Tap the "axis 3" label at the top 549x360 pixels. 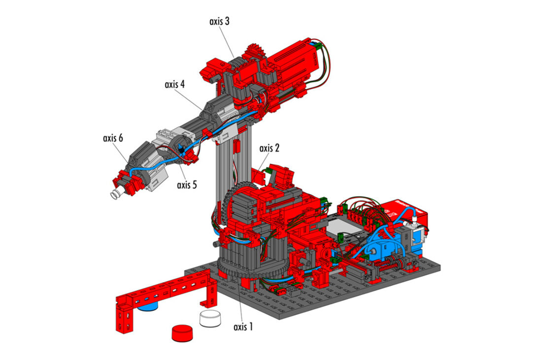[219, 21]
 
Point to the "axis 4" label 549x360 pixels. [174, 84]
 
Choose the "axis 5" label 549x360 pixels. [187, 185]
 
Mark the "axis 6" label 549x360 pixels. [113, 138]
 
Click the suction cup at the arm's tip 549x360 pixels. [115, 195]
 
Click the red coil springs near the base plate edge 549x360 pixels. [387, 265]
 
